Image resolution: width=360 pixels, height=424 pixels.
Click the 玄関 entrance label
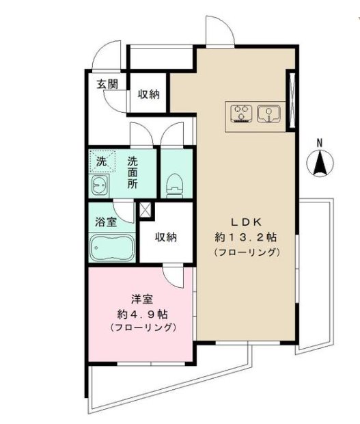pyautogui.click(x=107, y=84)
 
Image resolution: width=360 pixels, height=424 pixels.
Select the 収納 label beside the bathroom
pyautogui.click(x=165, y=237)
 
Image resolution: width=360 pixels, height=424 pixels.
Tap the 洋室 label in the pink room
pyautogui.click(x=143, y=299)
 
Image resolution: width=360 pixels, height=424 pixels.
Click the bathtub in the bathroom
pyautogui.click(x=111, y=246)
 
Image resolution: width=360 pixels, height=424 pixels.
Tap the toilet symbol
pyautogui.click(x=176, y=184)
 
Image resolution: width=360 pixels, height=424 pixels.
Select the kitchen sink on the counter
pyautogui.click(x=269, y=113)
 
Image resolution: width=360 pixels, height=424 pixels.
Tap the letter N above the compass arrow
pyautogui.click(x=318, y=142)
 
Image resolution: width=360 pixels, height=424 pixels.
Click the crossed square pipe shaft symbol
pyautogui.click(x=146, y=209)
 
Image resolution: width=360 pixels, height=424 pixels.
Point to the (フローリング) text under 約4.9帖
pyautogui.click(x=143, y=328)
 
